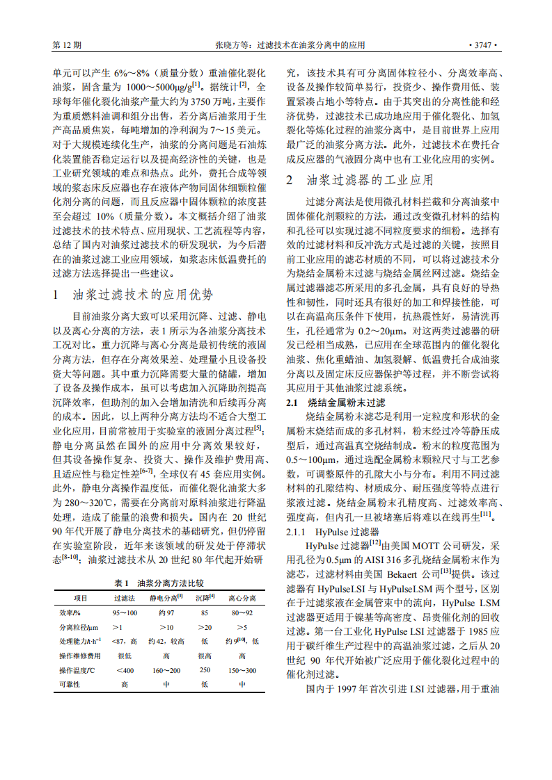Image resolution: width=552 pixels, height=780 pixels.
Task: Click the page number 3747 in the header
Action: (x=482, y=45)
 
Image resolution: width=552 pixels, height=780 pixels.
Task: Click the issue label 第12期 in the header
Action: (x=67, y=45)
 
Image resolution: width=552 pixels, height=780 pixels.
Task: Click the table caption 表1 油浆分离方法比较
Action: (x=159, y=583)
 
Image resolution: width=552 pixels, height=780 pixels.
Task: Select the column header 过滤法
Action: (x=125, y=598)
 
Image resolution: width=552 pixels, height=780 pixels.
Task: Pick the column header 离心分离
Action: (x=242, y=598)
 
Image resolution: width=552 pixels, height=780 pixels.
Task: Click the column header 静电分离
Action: (x=166, y=598)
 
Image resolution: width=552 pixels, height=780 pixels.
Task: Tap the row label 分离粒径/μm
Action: (x=78, y=627)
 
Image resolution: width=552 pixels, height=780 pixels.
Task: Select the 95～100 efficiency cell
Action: (x=125, y=612)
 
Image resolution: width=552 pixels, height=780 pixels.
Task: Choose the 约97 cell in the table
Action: (x=166, y=612)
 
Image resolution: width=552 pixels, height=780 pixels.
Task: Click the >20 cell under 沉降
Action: (x=205, y=627)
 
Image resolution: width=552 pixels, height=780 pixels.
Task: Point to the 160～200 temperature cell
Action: (x=166, y=670)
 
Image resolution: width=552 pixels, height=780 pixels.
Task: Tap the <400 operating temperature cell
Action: (x=125, y=670)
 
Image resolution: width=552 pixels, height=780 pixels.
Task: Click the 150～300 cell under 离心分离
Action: (x=242, y=670)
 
